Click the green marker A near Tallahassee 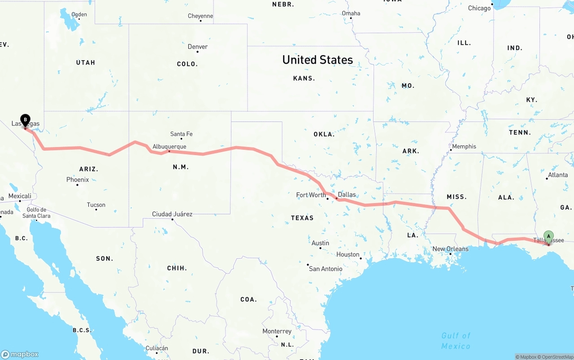click(x=548, y=236)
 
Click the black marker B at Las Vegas click(x=26, y=120)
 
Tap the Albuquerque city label click(x=169, y=147)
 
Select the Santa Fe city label click(x=181, y=134)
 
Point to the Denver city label click(x=197, y=47)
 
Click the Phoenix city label click(x=78, y=179)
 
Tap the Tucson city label click(x=96, y=205)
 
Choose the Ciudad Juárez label click(x=172, y=214)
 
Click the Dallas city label click(x=347, y=195)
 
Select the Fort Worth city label click(x=311, y=195)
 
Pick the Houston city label click(x=348, y=254)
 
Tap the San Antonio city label click(x=326, y=269)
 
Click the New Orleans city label click(x=450, y=249)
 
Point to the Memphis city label click(x=464, y=146)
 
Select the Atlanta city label click(x=558, y=175)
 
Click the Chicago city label click(x=479, y=8)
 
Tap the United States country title click(x=317, y=60)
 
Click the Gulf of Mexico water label click(x=456, y=341)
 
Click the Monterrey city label click(x=277, y=331)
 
